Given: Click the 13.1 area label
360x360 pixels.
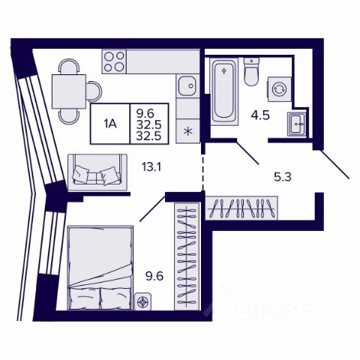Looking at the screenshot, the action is point(151,167).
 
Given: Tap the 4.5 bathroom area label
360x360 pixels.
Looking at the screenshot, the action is point(260,115).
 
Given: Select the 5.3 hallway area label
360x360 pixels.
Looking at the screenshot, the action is point(283,177).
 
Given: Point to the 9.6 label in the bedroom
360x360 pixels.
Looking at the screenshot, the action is point(154,277).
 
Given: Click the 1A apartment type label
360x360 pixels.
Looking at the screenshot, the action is point(110,124).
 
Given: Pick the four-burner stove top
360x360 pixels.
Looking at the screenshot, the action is point(114,61).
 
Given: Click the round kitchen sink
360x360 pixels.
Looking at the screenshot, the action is point(187,85).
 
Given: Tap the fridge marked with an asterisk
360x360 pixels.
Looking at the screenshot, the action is point(187,131).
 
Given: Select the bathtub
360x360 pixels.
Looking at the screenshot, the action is point(224,91).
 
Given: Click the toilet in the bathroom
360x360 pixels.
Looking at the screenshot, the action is point(251,72).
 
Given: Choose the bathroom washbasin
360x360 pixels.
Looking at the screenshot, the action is point(297,124).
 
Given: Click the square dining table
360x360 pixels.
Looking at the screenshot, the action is point(69,91).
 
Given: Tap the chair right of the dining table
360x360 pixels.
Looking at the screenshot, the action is point(94,91).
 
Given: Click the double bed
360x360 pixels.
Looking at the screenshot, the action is point(100,268).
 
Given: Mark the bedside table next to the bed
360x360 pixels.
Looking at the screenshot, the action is point(143,301).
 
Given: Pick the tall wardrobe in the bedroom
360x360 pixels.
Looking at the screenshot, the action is point(187,256).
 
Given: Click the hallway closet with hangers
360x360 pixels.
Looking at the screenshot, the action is point(241,208).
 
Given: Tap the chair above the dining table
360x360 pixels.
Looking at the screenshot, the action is point(69,67).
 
